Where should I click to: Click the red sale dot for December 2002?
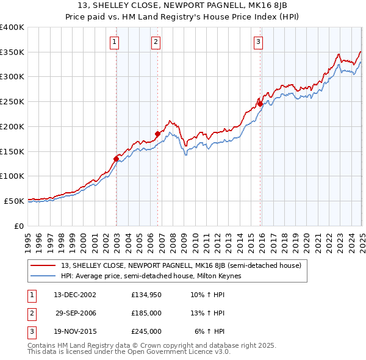116,159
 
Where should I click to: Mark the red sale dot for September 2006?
157,134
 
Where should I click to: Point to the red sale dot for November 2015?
260,104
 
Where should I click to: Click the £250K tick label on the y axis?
12,101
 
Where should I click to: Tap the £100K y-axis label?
12,176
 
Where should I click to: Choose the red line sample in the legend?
43,265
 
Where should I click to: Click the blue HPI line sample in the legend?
43,276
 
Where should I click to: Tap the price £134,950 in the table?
146,295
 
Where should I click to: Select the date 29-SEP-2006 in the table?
76,313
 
